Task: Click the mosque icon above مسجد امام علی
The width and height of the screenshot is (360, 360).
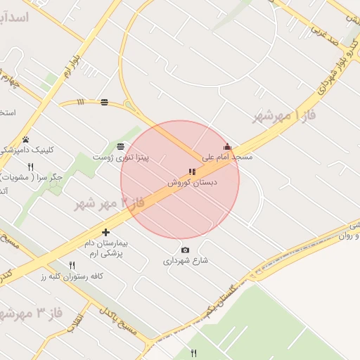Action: point(226,147)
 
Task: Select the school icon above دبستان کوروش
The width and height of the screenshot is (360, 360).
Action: point(193,172)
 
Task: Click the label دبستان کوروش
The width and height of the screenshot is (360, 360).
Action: point(193,181)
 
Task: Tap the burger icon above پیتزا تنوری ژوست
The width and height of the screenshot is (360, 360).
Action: point(121,146)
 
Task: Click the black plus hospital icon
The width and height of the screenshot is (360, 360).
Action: point(106,232)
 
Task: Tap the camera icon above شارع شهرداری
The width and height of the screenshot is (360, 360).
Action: point(185,250)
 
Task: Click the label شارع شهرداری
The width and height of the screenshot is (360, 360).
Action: point(186,260)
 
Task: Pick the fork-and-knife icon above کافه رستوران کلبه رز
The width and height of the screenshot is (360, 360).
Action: point(72,265)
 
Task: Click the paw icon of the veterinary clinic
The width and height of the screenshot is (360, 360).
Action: point(26,139)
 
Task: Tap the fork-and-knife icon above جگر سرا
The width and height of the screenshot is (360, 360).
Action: point(30,167)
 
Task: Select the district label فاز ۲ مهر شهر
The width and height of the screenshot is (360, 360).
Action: point(110,203)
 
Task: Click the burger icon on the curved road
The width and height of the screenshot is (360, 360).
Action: point(105,103)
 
